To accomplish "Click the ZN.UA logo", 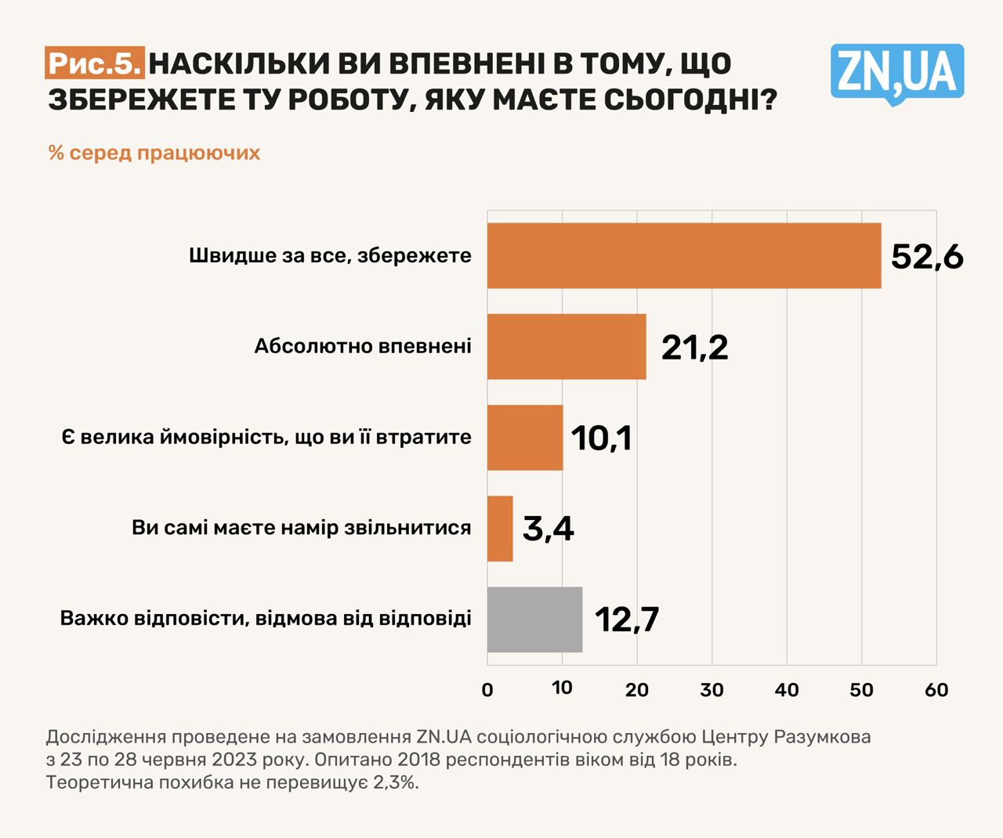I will pos(897,73).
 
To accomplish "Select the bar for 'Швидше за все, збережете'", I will pos(683,255).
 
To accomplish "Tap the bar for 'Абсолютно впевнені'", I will pos(566,346).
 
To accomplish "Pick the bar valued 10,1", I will pos(524,437).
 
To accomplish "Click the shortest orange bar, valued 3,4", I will pos(500,528).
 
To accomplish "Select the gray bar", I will pos(534,619).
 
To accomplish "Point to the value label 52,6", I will pos(927,256).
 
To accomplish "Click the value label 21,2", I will pos(694,347).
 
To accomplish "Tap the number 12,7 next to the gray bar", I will pos(627,619).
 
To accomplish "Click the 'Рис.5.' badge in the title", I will pos(95,63).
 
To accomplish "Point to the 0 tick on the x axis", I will pos(487,690).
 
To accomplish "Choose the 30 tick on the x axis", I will pos(712,690).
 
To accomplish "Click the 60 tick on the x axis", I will pos(936,690).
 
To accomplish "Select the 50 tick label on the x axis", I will pos(861,690).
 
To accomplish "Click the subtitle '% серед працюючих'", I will pos(154,152).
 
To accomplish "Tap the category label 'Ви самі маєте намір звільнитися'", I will pos(302,528).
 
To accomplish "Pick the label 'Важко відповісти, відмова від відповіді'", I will pos(266,619).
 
